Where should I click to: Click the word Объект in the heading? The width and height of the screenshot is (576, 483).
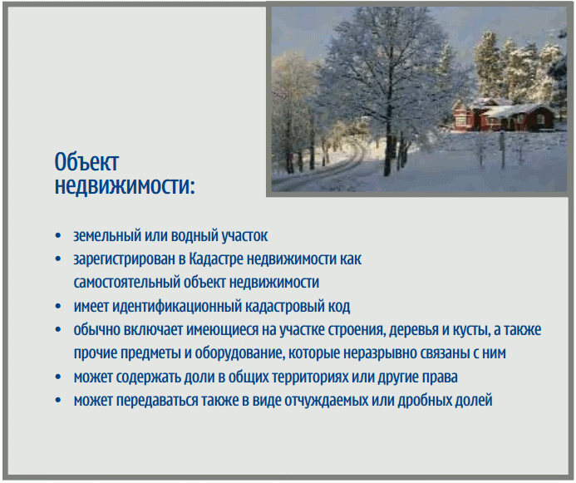[x=86, y=161]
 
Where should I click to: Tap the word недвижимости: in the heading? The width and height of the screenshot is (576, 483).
[x=125, y=186]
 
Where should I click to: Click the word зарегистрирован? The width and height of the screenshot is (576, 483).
[x=125, y=259]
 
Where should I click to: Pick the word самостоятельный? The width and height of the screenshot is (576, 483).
[x=126, y=283]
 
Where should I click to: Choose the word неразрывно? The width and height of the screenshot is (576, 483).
[x=377, y=353]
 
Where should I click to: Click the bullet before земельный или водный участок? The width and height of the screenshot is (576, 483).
[x=58, y=236]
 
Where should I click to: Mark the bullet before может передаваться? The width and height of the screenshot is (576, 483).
[x=58, y=401]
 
